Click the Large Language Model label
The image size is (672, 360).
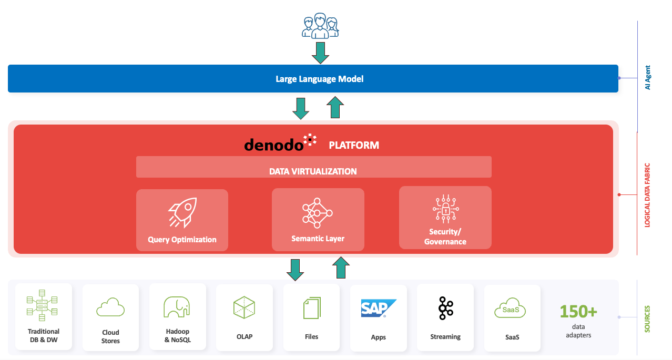click(x=319, y=79)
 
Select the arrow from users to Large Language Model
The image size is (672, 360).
click(x=320, y=53)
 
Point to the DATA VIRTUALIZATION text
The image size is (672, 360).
click(x=313, y=171)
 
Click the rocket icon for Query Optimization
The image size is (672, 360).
click(x=181, y=213)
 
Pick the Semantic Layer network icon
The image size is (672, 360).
click(x=318, y=213)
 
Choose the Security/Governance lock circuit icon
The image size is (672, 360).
click(x=445, y=209)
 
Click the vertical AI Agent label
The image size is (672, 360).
click(x=647, y=77)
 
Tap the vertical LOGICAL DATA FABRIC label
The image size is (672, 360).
click(x=647, y=194)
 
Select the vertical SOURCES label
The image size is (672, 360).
click(x=647, y=319)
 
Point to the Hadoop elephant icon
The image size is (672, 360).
click(x=177, y=307)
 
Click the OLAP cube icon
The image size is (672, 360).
click(x=244, y=307)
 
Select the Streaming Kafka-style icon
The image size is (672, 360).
click(x=445, y=308)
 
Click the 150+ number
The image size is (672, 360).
click(x=578, y=312)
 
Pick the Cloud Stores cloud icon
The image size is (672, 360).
click(x=110, y=307)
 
